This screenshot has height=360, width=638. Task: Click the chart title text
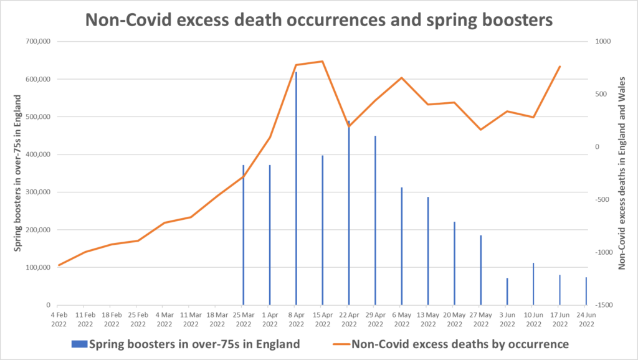tap(319, 19)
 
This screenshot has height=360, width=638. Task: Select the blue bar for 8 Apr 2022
tap(296, 187)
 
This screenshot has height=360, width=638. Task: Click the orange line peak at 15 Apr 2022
tap(322, 61)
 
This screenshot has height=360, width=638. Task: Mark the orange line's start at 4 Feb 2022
tap(59, 265)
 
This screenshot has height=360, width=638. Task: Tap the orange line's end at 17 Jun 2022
tap(560, 66)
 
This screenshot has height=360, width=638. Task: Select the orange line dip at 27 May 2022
tap(481, 130)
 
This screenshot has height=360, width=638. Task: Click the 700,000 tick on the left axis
tap(39, 42)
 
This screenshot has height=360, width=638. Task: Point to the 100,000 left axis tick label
tap(39, 268)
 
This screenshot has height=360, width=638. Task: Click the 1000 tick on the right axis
tap(602, 42)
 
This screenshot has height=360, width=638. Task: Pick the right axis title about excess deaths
tap(621, 173)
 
